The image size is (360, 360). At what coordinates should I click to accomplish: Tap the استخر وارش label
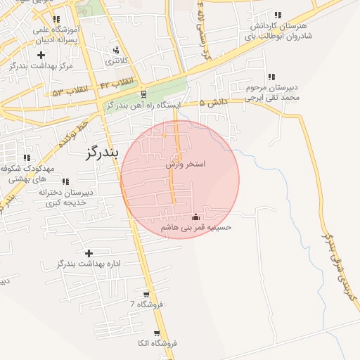pos(185,164)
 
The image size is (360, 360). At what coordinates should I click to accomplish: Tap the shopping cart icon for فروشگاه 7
pos(146,295)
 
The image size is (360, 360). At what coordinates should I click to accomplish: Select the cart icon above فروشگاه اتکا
pos(157,333)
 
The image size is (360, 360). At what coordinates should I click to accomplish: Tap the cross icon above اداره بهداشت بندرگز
pos(89,253)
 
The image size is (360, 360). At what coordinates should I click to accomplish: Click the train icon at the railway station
pos(143,94)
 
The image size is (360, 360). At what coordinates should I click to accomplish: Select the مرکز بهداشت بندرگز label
pos(41,65)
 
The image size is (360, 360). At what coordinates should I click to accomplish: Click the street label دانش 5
pos(214,103)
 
